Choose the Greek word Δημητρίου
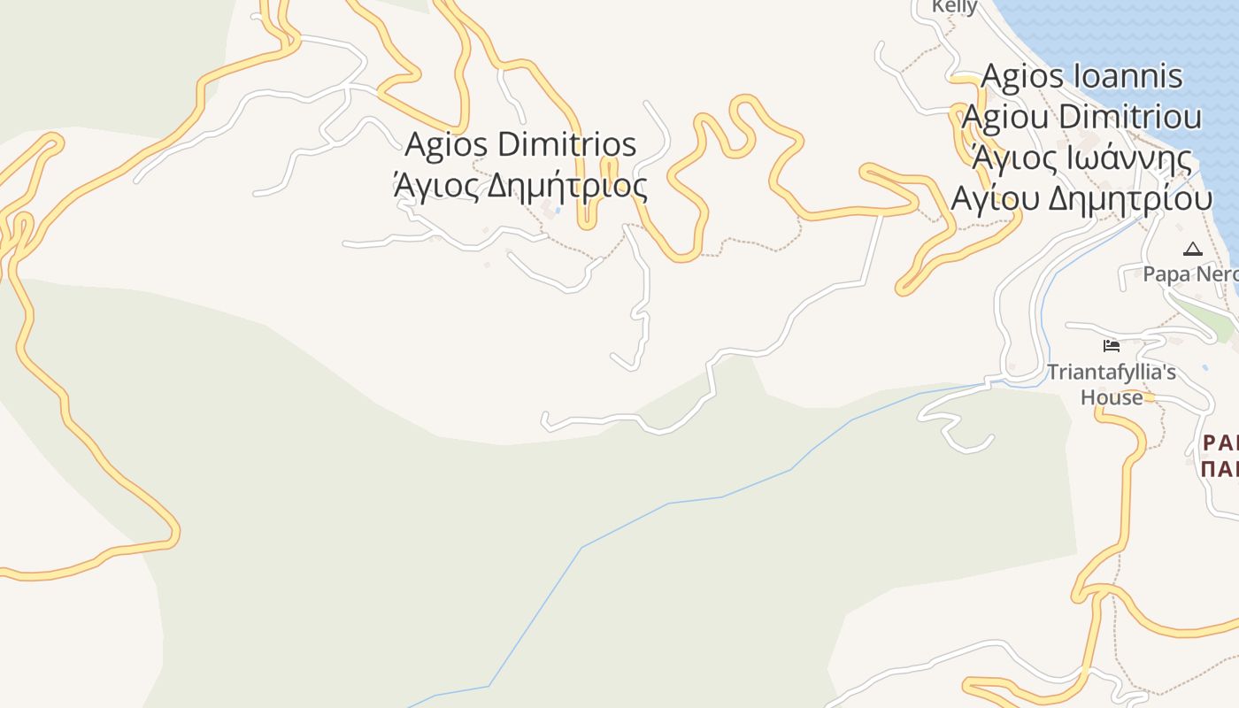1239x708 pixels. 1130,199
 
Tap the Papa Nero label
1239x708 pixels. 1190,273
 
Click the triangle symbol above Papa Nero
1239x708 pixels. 1193,250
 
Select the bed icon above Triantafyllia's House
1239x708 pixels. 1112,345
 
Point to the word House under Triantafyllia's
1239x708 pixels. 1112,397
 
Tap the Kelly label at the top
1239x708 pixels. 955,7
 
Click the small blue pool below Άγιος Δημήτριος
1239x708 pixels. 557,211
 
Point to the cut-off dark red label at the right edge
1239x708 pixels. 1220,455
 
